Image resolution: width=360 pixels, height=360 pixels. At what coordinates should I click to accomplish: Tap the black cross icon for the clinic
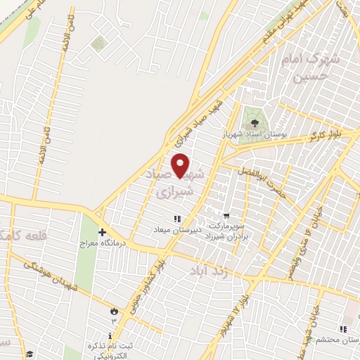pyautogui.click(x=102, y=232)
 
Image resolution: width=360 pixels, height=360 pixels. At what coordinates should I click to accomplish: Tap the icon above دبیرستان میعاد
pyautogui.click(x=177, y=219)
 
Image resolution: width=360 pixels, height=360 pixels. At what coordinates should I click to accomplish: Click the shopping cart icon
pyautogui.click(x=226, y=216)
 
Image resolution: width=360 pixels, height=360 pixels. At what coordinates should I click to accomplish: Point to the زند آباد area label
pyautogui.click(x=208, y=269)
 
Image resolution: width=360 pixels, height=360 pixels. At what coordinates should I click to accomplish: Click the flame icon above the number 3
pyautogui.click(x=114, y=310)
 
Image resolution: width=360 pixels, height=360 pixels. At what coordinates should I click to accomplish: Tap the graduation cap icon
pyautogui.click(x=30, y=354)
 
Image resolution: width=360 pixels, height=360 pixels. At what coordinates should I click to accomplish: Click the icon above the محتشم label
pyautogui.click(x=342, y=329)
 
